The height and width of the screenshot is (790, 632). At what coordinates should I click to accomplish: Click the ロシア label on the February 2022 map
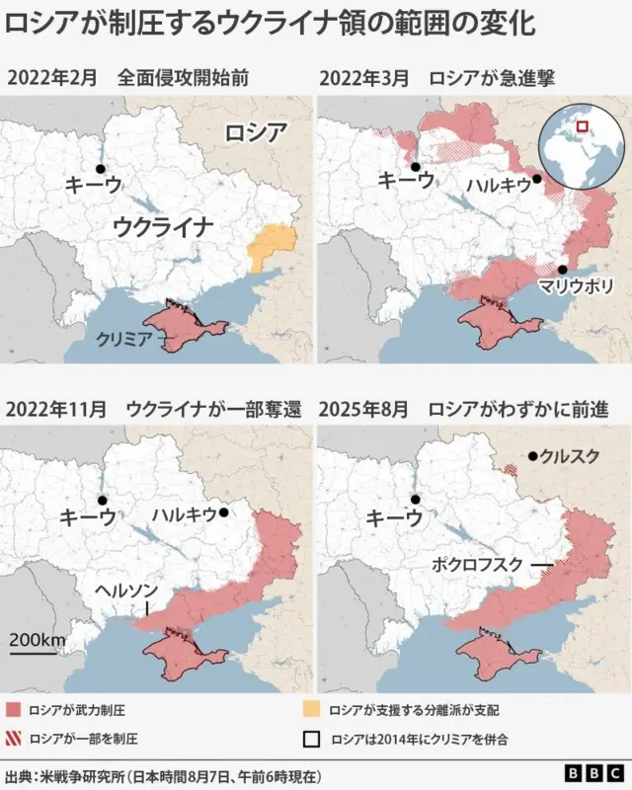click(x=255, y=132)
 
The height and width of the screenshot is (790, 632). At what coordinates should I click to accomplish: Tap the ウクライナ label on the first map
click(x=163, y=226)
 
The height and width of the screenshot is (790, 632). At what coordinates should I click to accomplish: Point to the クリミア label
click(x=124, y=339)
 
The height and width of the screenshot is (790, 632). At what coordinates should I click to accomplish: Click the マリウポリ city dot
click(x=561, y=270)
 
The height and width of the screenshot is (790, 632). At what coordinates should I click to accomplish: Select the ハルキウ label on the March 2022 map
click(x=499, y=185)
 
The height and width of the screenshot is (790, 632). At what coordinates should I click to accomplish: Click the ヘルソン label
click(x=125, y=589)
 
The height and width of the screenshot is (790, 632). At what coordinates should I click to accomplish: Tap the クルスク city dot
click(x=532, y=456)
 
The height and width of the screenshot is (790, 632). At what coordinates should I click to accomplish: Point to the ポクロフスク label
click(x=478, y=564)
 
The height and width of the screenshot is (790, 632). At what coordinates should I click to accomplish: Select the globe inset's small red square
click(x=582, y=125)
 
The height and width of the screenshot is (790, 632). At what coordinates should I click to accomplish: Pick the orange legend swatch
click(x=312, y=710)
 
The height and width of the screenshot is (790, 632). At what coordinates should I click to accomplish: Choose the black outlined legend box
click(x=312, y=738)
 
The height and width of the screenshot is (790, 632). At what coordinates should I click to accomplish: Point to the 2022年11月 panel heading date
click(x=57, y=408)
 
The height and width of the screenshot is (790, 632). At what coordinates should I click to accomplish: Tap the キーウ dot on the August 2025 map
click(x=416, y=500)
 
